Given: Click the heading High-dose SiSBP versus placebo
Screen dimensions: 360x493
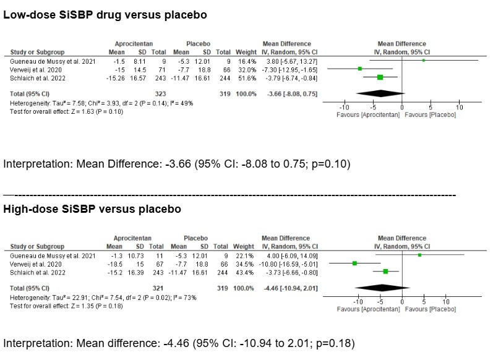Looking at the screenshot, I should point(92,209).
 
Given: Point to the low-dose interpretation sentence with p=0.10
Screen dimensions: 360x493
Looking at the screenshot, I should point(177,164).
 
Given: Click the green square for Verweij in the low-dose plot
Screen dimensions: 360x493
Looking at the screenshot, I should point(360,69).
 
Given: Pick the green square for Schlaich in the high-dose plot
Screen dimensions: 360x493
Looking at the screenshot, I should point(385,270).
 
